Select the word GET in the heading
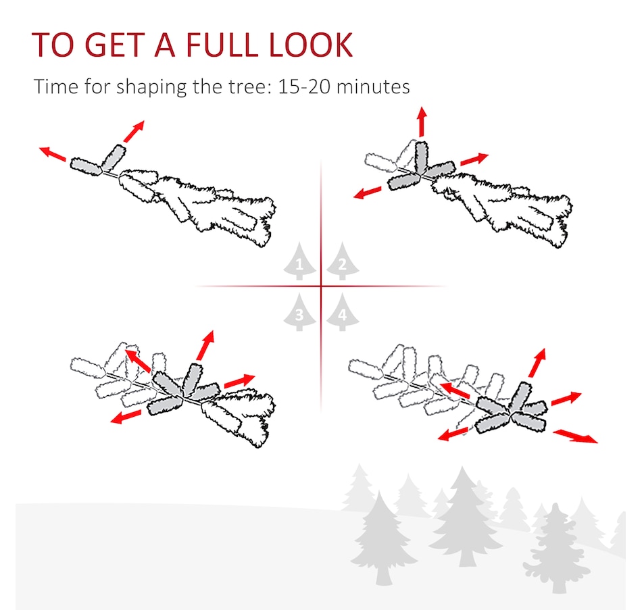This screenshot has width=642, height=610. tap(115, 45)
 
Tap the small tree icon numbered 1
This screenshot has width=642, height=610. tap(299, 261)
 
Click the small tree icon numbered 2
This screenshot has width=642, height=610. tap(343, 261)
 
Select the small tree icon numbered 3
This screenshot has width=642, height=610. tap(299, 312)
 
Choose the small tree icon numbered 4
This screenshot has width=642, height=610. tap(343, 312)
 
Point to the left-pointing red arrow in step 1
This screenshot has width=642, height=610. tap(53, 153)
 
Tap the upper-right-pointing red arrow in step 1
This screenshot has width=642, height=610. tap(134, 131)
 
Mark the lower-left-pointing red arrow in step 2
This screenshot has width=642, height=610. tap(367, 193)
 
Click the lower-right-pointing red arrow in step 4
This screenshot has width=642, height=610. tap(575, 436)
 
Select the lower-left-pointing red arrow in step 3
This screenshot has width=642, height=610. tap(126, 417)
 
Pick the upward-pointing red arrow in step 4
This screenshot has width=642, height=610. tap(537, 363)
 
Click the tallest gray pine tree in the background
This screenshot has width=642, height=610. tap(464, 518)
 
